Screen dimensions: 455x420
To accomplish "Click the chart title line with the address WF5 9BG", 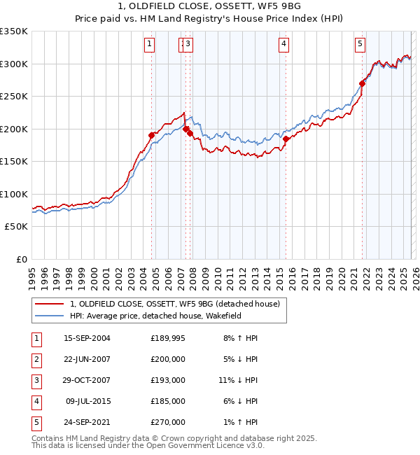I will pos(210,6).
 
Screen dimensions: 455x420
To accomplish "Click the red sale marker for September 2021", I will pos(362,83).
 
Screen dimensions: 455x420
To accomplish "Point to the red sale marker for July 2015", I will pos(286,139).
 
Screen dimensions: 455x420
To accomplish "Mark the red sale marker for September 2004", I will pos(151,135).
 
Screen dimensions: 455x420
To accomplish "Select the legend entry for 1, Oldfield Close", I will pos(174,304).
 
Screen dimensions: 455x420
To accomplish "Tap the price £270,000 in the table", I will pos(167,422).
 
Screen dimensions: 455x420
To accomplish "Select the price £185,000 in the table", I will pos(167,401).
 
